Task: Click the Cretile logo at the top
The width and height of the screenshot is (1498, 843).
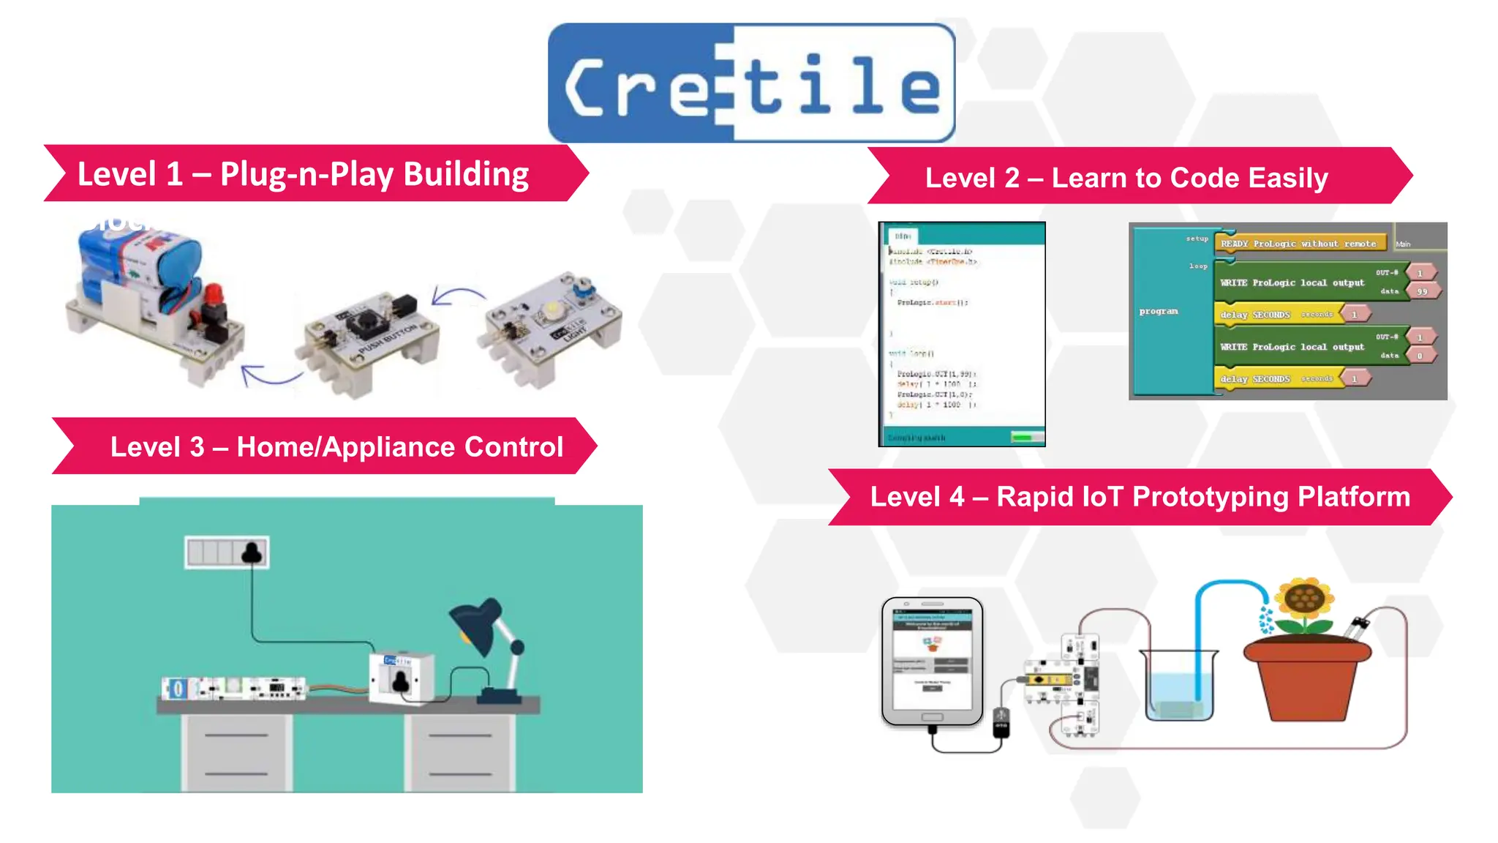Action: pyautogui.click(x=751, y=83)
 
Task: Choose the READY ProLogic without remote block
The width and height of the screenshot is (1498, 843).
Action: pyautogui.click(x=1298, y=244)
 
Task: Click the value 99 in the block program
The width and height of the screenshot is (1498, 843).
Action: pyautogui.click(x=1422, y=291)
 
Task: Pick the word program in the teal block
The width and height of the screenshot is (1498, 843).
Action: pyautogui.click(x=1159, y=311)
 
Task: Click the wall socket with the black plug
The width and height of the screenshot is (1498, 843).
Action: pyautogui.click(x=227, y=552)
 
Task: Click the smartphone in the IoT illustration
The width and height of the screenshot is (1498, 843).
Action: pyautogui.click(x=932, y=662)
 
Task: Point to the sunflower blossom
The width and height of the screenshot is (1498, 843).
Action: pyautogui.click(x=1305, y=601)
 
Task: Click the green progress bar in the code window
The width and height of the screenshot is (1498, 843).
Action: pyautogui.click(x=1027, y=437)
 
